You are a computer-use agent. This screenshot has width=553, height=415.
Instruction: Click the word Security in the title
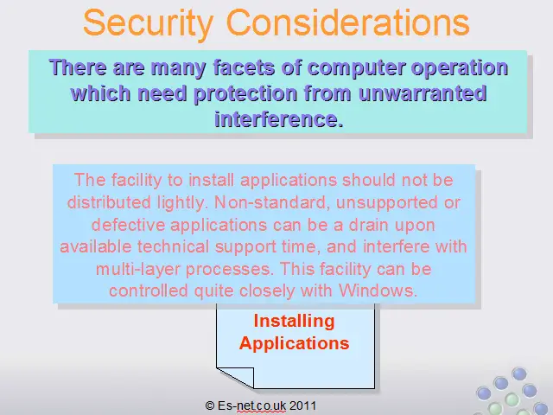(x=148, y=23)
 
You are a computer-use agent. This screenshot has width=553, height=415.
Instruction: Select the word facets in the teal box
(x=244, y=67)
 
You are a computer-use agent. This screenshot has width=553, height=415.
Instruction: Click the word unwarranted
(x=423, y=93)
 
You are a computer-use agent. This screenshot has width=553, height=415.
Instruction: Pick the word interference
(x=278, y=119)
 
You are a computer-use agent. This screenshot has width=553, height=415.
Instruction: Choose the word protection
(x=245, y=94)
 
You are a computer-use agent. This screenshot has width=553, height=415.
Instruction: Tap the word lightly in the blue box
(x=182, y=203)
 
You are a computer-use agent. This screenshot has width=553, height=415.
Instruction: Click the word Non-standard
(x=272, y=202)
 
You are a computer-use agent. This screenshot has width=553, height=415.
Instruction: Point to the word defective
(x=128, y=225)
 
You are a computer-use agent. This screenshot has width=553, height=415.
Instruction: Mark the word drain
(x=369, y=225)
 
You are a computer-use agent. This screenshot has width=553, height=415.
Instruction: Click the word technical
(x=173, y=246)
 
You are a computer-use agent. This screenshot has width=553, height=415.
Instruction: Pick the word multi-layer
(x=137, y=270)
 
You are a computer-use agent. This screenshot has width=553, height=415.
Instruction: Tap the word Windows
(x=378, y=290)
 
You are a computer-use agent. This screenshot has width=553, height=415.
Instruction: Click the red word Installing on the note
(x=294, y=322)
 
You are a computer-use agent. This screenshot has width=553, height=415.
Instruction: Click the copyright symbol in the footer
(x=209, y=405)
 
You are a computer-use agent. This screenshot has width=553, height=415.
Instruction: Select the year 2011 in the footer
(x=302, y=405)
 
